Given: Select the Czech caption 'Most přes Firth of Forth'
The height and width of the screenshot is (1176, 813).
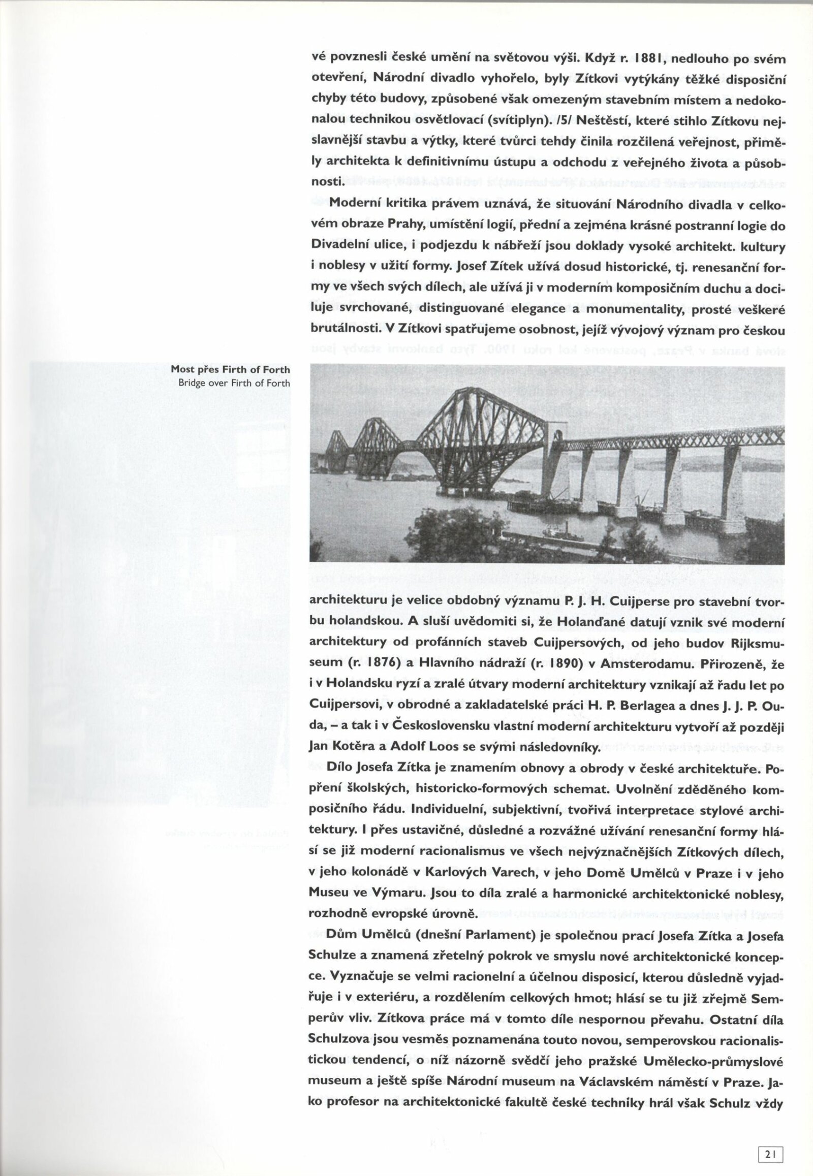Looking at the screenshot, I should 230,370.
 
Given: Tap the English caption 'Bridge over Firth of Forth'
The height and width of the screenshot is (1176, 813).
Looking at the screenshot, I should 234,383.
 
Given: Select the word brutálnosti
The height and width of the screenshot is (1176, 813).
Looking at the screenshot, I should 344,330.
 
